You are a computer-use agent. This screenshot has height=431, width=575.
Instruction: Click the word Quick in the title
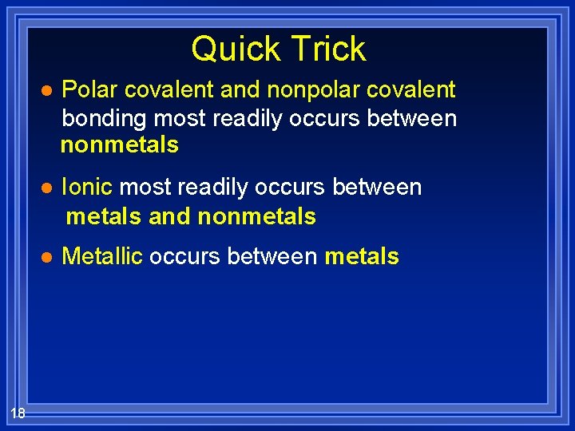coord(231,49)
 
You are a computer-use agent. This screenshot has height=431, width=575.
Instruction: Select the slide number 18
coord(18,412)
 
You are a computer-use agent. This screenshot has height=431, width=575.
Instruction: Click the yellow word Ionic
coord(87,188)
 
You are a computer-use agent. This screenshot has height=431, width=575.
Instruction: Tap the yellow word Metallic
coord(101,256)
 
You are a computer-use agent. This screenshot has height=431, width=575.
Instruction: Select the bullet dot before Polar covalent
coord(46,91)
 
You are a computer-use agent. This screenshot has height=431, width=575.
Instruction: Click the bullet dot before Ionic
coord(46,188)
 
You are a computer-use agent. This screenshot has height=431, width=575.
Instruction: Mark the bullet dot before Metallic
coord(46,257)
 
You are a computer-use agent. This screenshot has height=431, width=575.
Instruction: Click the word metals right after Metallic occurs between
coord(361,256)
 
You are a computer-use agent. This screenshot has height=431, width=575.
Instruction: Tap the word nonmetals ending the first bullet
coord(120,145)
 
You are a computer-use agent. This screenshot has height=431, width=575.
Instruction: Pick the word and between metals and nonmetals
coord(169,216)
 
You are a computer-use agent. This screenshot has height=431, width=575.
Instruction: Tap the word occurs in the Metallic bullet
coord(184,256)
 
